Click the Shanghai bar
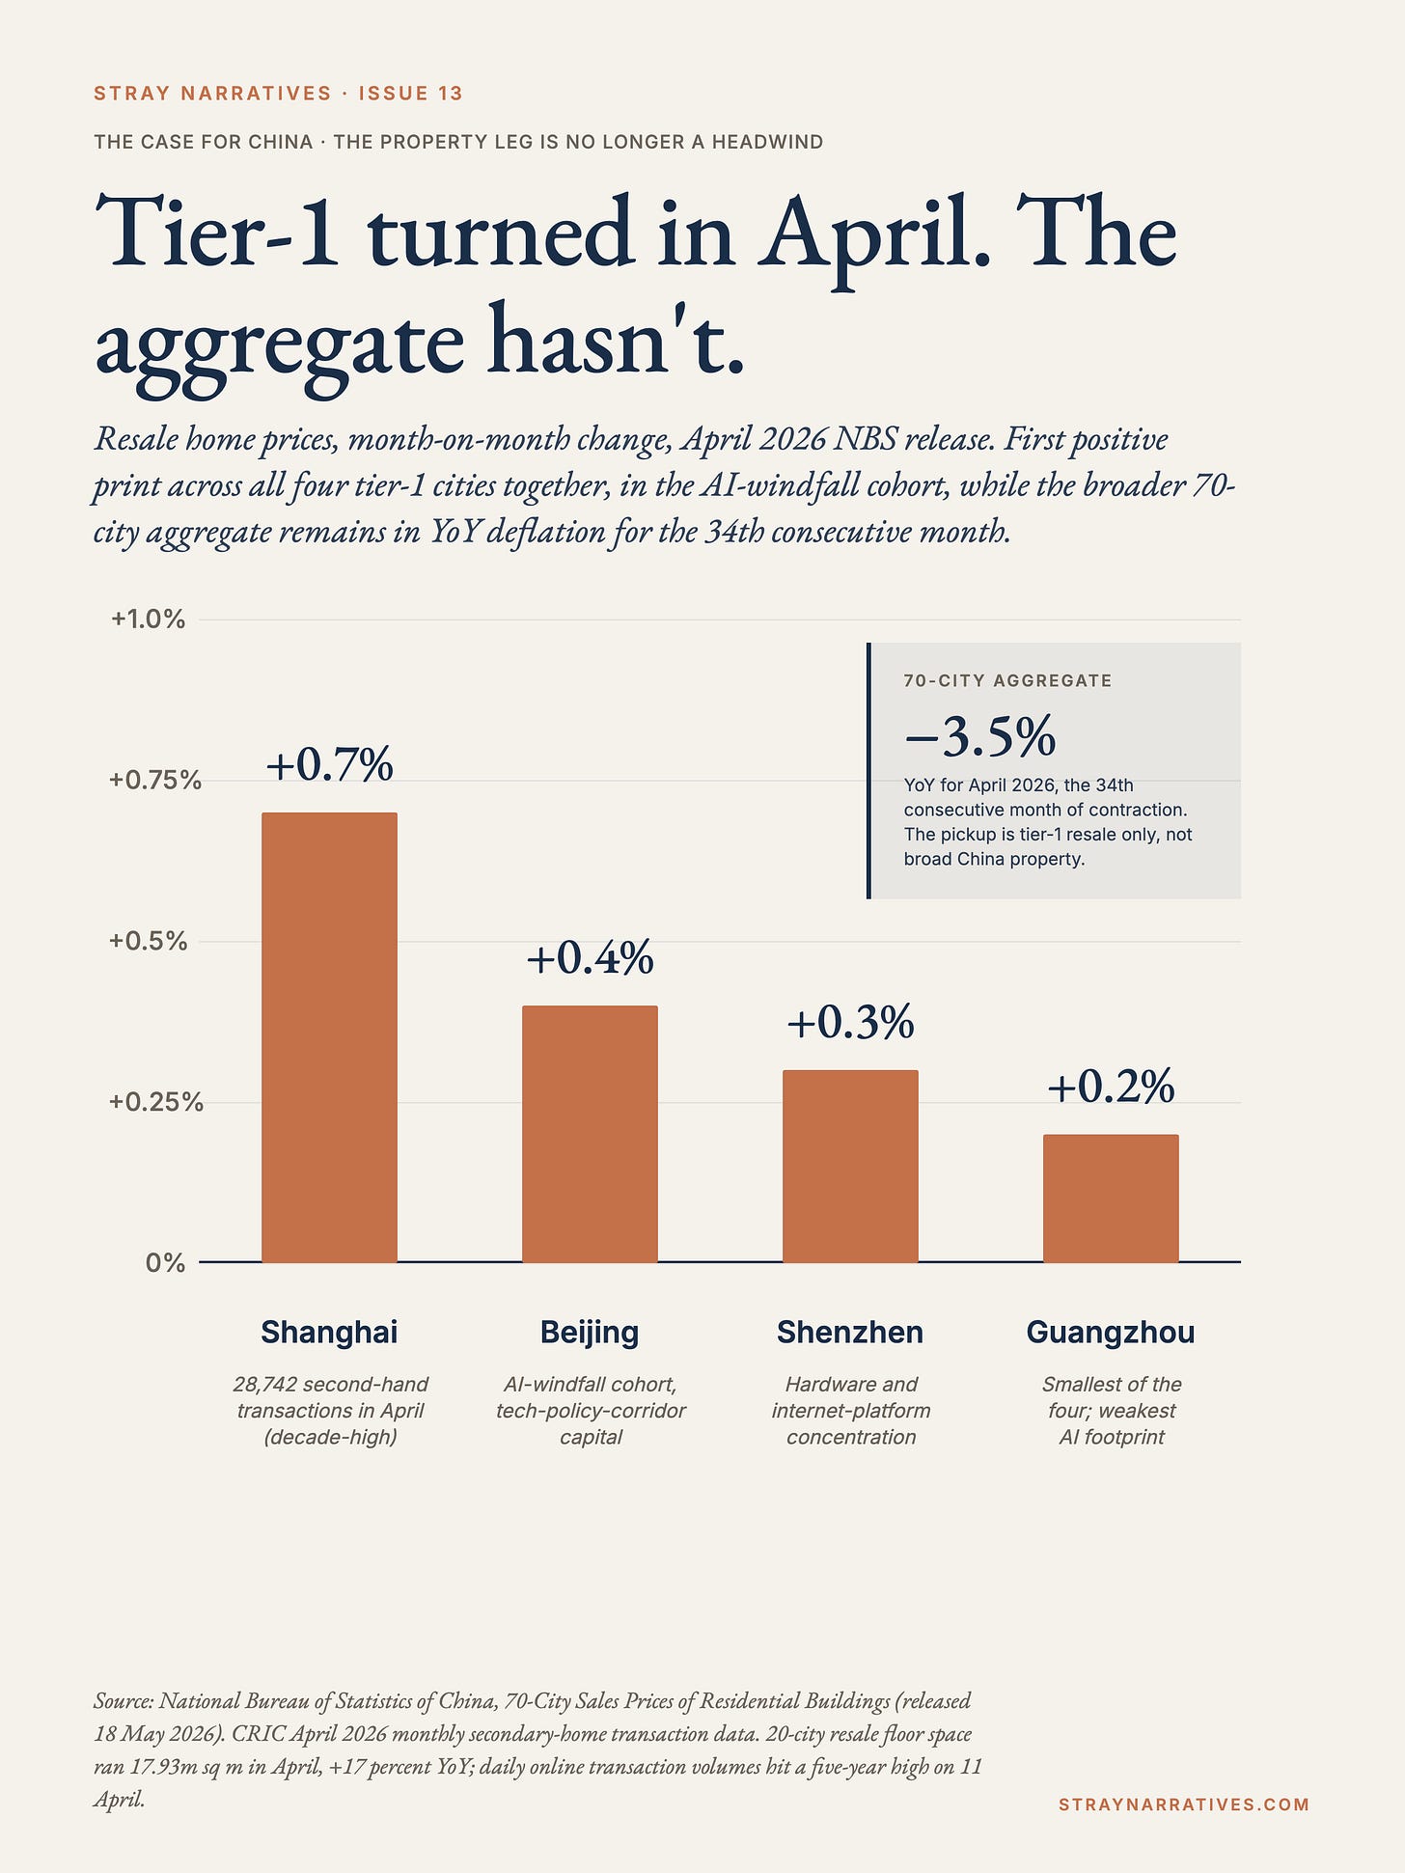(x=329, y=1037)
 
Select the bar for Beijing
(x=590, y=1134)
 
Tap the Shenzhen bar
(x=850, y=1166)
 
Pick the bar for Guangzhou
(x=1111, y=1198)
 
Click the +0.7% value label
(x=330, y=764)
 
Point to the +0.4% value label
(x=590, y=957)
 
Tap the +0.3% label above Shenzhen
(x=850, y=1022)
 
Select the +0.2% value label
(x=1111, y=1087)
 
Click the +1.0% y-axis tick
(x=148, y=620)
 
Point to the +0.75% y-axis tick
(x=155, y=780)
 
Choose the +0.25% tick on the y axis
(x=155, y=1102)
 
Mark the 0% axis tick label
(x=165, y=1262)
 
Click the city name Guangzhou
(x=1111, y=1333)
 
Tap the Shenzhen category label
(x=850, y=1333)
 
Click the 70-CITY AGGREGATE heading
(x=1007, y=680)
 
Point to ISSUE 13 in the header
(x=411, y=94)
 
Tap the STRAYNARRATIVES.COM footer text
(x=1184, y=1804)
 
